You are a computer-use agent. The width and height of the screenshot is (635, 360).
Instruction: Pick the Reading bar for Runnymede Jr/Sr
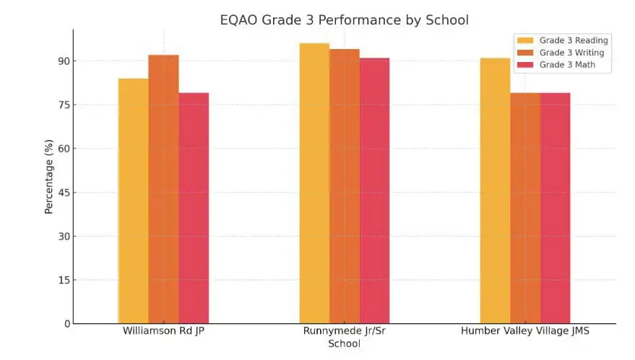314,183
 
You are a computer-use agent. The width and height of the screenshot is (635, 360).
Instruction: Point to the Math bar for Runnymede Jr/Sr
375,190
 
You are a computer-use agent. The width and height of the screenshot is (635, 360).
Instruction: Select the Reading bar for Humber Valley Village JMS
495,190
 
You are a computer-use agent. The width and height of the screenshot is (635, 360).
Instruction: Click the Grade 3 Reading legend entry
563,40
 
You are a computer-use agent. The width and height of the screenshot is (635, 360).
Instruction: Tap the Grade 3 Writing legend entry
563,53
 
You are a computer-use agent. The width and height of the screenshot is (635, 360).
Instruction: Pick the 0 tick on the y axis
66,324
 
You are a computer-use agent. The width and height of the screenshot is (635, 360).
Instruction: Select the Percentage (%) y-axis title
49,177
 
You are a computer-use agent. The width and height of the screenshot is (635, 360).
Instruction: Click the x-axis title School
344,344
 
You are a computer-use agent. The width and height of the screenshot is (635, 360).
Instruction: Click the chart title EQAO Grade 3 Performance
344,19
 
